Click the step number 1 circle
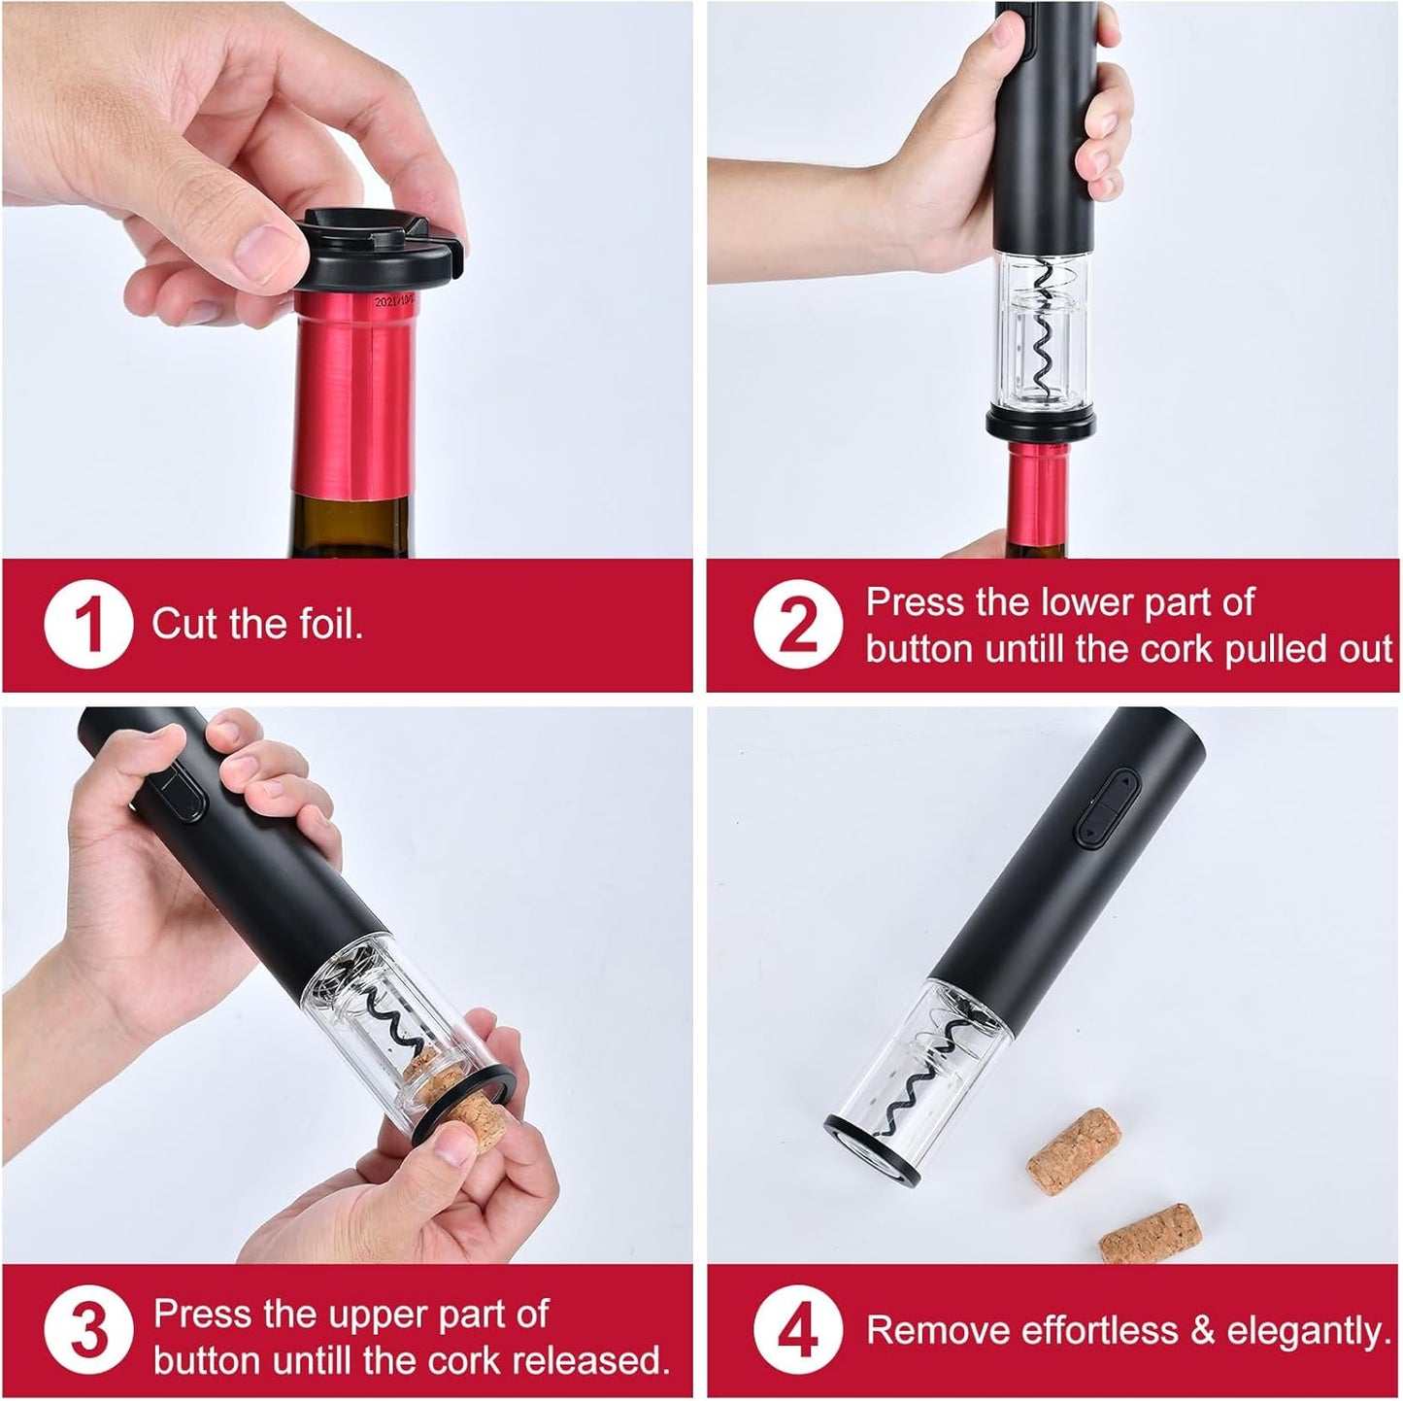87,623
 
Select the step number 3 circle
87,1333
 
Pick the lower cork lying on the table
1151,1231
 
